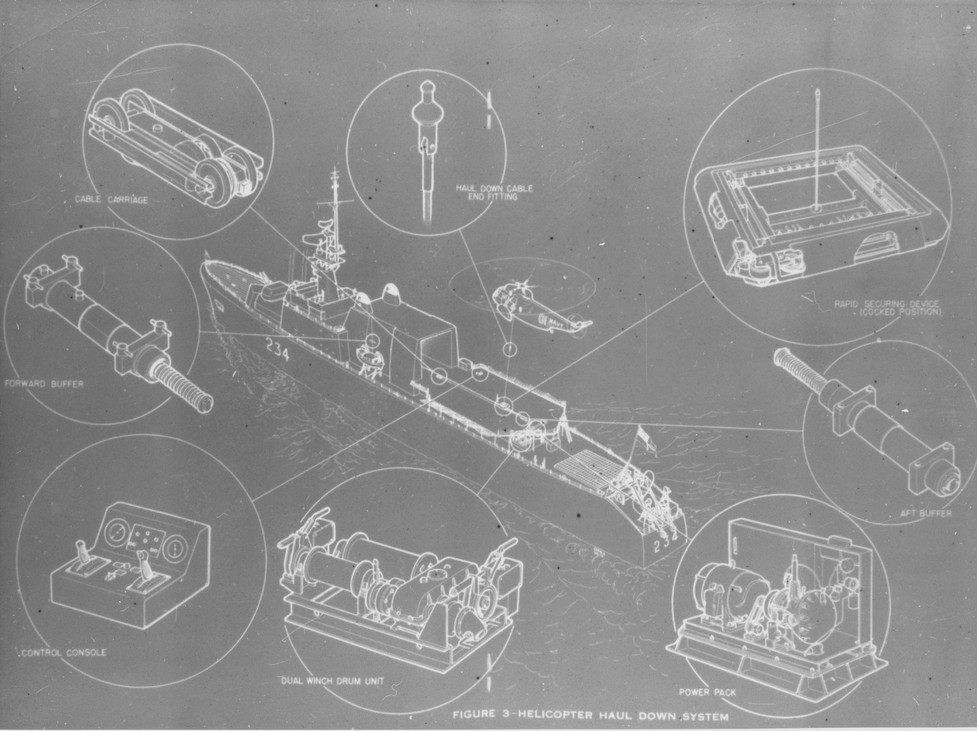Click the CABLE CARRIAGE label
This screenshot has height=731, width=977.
[111, 200]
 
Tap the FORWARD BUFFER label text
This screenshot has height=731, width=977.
[43, 384]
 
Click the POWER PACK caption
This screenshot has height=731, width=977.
[708, 692]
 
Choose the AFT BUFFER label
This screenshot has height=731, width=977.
[926, 513]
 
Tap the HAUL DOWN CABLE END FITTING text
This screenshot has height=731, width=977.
[494, 192]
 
